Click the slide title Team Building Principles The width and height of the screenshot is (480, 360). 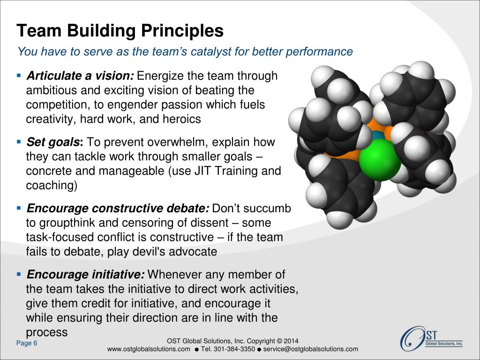pos(120,31)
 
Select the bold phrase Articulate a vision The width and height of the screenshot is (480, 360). pos(81,76)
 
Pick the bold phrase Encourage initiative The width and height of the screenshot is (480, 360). pos(86,274)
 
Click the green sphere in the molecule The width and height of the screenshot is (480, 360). pos(380,161)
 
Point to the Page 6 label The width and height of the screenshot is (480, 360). pos(27,344)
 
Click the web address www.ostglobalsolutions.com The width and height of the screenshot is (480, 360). pos(149,349)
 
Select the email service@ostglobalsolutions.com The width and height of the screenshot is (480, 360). pos(311,349)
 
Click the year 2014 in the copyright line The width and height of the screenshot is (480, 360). pos(291,341)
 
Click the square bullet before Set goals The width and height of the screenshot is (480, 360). pos(19,141)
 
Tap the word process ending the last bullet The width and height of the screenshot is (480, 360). pos(47,332)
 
